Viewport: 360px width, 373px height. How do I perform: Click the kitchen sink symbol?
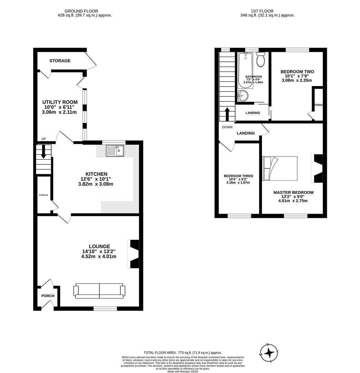point(115,151)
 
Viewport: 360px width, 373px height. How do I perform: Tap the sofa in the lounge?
point(99,291)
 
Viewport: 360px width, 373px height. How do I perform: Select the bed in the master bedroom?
point(280,168)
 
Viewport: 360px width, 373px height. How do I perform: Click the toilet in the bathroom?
point(260,60)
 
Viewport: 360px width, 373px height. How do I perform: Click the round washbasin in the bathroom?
point(243,95)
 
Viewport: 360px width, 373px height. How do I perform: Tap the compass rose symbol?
point(269,353)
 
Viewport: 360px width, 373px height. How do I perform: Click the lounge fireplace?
point(134,254)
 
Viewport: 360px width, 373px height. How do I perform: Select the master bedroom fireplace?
point(317,168)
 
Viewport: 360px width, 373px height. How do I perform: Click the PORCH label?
point(48,296)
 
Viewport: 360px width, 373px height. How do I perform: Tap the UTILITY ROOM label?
point(60,102)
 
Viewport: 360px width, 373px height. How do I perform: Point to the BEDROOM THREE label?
point(239,176)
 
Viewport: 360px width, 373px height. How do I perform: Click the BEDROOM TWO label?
point(297,72)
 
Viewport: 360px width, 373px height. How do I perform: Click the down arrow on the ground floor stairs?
point(43,152)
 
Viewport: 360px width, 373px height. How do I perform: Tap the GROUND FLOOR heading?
point(81,11)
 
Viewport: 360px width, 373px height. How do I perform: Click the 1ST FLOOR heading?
point(267,11)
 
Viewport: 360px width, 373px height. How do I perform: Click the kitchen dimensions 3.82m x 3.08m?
point(96,184)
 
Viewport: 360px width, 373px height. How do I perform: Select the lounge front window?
point(105,308)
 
